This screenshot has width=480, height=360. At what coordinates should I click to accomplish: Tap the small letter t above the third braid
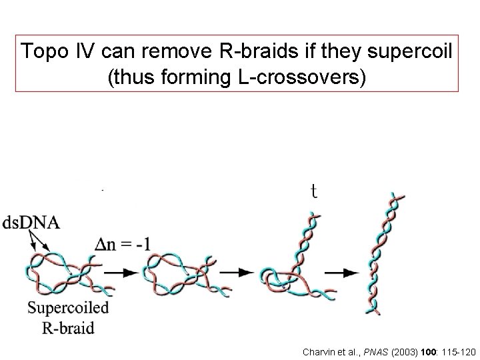tap(313, 192)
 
